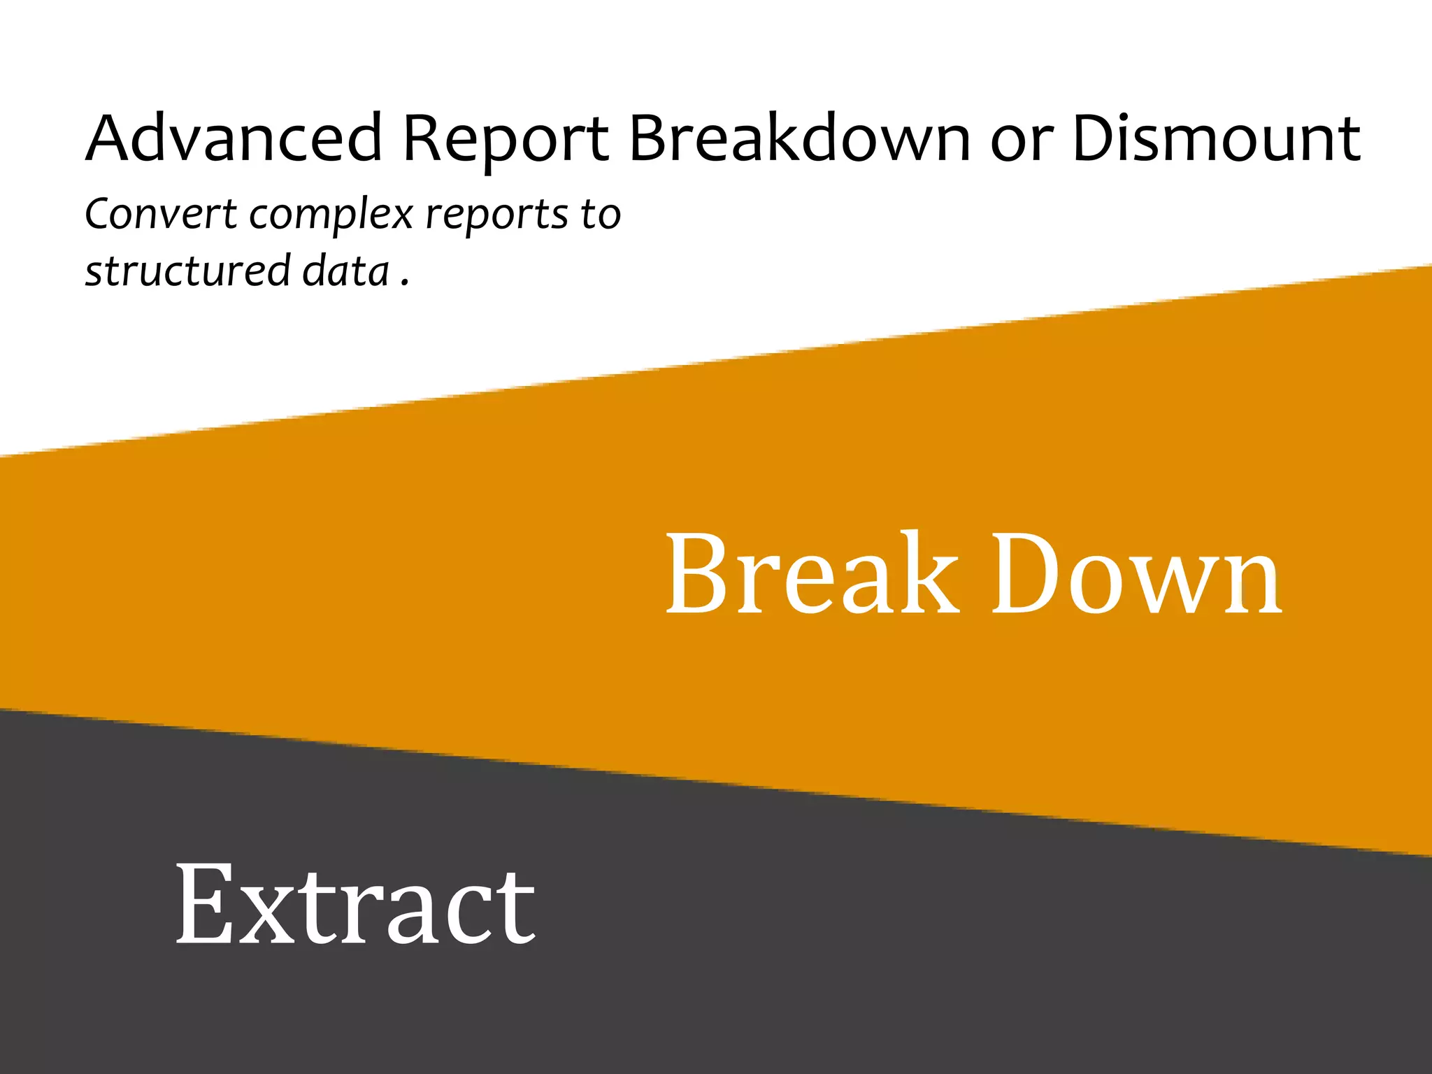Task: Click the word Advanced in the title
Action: (234, 138)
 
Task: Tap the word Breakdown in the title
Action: (799, 138)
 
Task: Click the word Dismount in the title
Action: (1215, 138)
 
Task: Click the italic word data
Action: (345, 271)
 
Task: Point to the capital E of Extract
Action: (203, 904)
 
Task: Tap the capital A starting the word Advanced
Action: (112, 138)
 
